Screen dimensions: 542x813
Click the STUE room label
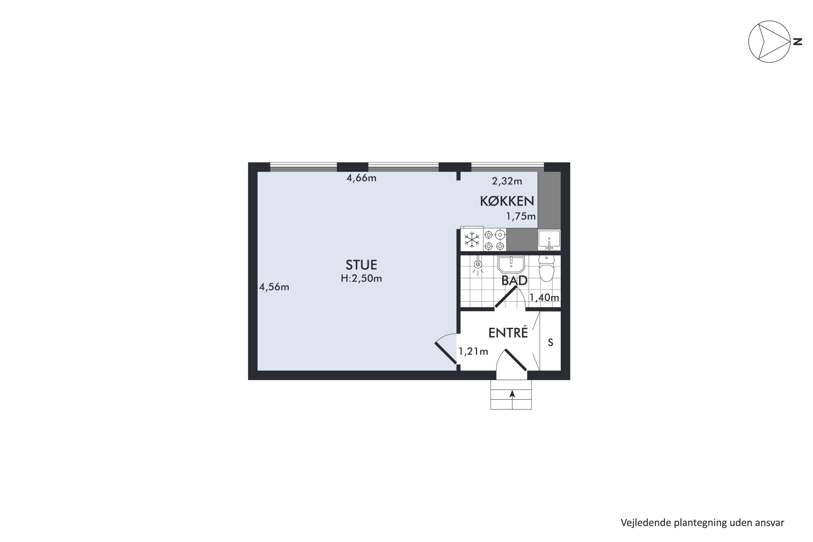(x=361, y=265)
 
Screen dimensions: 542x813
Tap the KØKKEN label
(x=507, y=201)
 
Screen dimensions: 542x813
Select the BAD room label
(x=514, y=281)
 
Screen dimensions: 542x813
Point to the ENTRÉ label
(x=508, y=333)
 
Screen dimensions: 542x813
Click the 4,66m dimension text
(x=361, y=178)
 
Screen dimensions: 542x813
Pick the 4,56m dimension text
(x=274, y=287)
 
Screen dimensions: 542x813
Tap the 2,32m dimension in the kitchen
(x=507, y=181)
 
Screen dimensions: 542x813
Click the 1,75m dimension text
(x=521, y=216)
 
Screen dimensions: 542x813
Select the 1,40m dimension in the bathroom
(x=544, y=297)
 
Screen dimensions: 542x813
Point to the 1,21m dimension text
(x=473, y=351)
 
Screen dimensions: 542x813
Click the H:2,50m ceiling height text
(x=361, y=278)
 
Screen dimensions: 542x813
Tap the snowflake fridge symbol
(x=472, y=240)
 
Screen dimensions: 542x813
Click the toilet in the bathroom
(x=547, y=269)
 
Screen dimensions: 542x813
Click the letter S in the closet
(x=551, y=343)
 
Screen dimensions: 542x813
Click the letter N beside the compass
(x=798, y=42)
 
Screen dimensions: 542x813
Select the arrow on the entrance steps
(x=512, y=394)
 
